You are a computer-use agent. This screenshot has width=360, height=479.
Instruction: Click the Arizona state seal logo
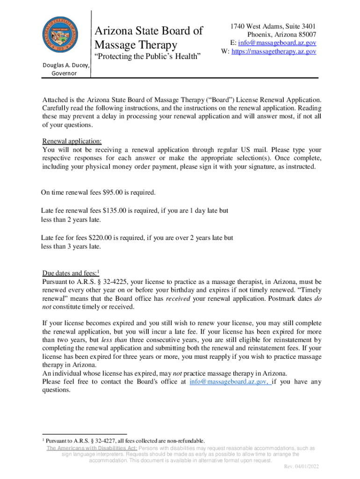coord(61,37)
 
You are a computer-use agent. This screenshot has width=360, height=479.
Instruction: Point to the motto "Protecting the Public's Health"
coord(148,57)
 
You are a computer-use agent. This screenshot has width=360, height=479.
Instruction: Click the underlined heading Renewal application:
coord(72,141)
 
